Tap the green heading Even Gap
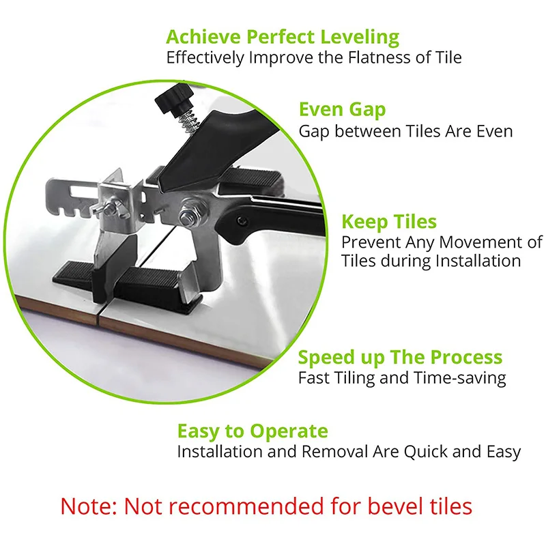pyautogui.click(x=342, y=109)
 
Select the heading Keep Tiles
pyautogui.click(x=389, y=222)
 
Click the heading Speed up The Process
pyautogui.click(x=400, y=357)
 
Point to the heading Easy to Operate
pyautogui.click(x=253, y=431)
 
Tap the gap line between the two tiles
pyautogui.click(x=100, y=314)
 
